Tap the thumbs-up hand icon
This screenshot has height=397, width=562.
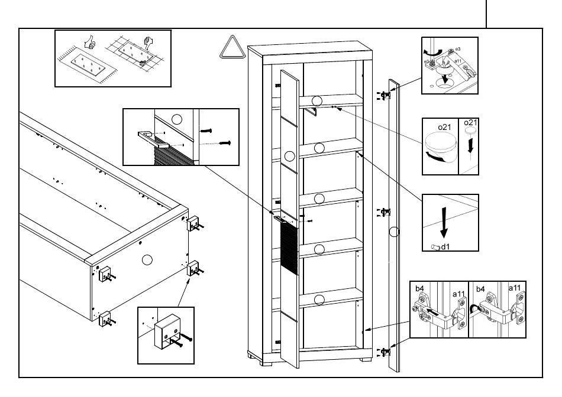coord(91,43)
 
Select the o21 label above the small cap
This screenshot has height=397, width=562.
coord(470,122)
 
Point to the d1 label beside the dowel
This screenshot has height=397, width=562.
coord(444,246)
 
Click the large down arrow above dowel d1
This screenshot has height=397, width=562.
coord(445,221)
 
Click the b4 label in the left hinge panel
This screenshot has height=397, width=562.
coord(419,288)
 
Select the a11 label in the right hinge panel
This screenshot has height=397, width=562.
coord(517,288)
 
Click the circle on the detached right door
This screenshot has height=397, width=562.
coord(395,232)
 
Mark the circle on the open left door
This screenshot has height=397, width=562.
coord(290,157)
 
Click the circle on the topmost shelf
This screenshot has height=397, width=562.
coord(318,100)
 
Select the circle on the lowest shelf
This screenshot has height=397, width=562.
coord(319,300)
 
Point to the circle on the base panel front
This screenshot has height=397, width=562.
coord(147,259)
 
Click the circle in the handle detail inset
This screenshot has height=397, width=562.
coord(176,119)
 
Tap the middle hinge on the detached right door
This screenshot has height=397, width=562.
coord(386,211)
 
